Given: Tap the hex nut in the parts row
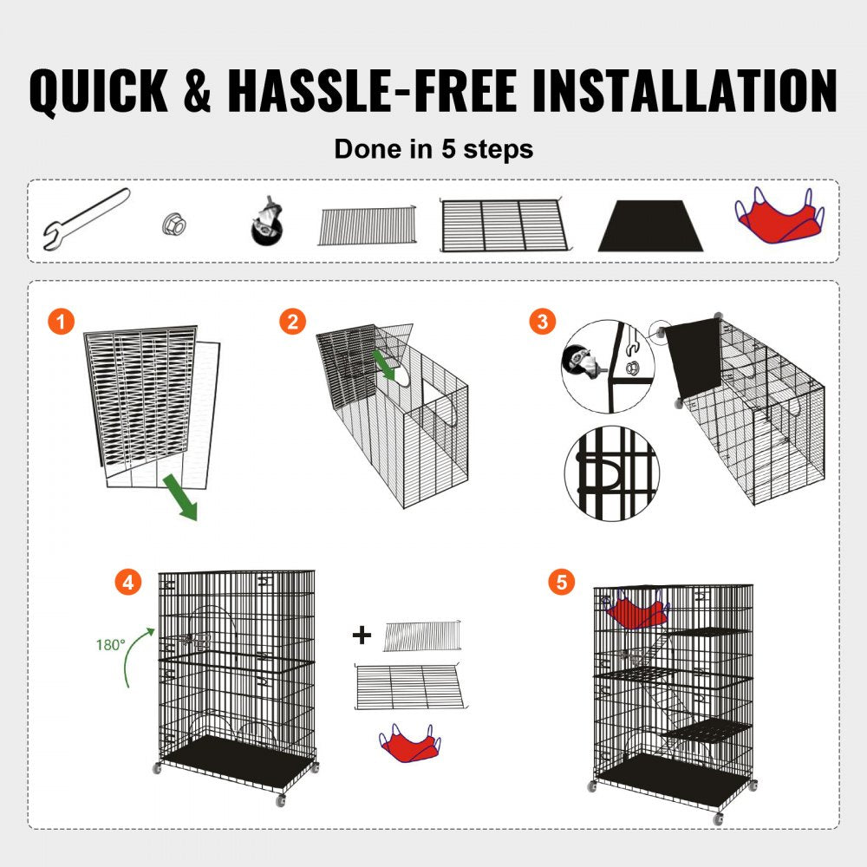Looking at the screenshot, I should (173, 225).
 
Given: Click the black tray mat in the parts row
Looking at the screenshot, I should (649, 226).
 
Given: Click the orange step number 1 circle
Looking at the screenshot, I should (59, 322).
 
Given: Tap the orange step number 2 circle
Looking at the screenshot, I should (292, 322).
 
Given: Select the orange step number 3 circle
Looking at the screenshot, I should (543, 322).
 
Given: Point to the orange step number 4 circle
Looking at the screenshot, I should (128, 582).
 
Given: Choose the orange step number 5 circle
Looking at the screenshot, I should (561, 582).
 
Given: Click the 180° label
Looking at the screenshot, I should (110, 644).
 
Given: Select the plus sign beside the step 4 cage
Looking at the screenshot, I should (362, 636).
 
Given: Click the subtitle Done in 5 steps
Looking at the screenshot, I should (433, 148).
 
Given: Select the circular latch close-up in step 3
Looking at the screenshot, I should (611, 473).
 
